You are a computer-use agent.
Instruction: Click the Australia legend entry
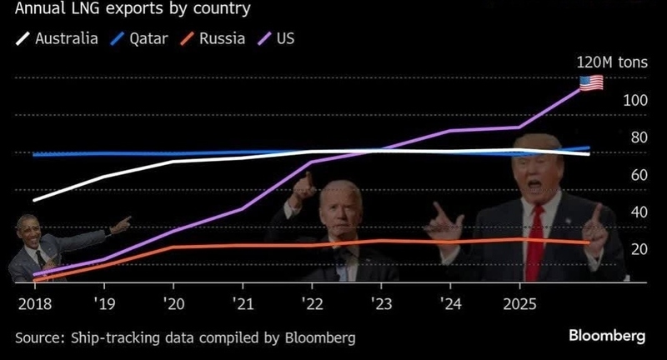coord(67,38)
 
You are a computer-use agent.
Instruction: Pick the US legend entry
coord(283,38)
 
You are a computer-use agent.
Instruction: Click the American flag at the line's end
coord(591,82)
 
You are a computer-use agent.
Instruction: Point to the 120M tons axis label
coord(610,62)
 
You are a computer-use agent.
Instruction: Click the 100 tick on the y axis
coord(635,100)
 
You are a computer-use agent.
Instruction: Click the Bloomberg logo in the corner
coord(607,336)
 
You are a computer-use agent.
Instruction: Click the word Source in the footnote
coord(39,337)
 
